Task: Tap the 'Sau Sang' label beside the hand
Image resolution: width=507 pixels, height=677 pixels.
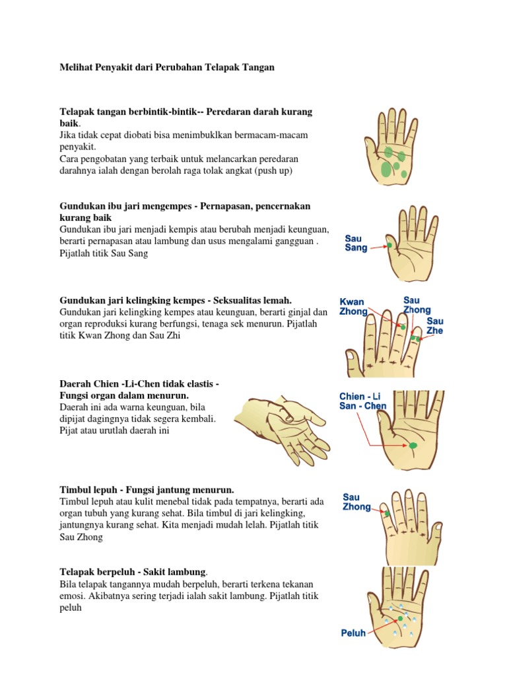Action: coord(356,243)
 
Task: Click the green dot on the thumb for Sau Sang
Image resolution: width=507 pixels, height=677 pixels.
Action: coord(389,245)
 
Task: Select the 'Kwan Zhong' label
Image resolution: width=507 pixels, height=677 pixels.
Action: coord(353,307)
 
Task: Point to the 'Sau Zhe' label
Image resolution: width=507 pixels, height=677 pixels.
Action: coord(434,326)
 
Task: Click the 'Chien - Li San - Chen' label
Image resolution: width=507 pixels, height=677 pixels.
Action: coord(362,401)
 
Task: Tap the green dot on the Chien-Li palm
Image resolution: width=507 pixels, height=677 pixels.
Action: coord(413,445)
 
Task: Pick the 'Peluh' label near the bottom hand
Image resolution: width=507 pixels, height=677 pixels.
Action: coord(353,633)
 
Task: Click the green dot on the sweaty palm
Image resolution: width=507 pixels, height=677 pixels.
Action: coord(400,618)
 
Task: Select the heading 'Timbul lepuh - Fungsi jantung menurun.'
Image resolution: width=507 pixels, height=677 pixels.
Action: coord(147,490)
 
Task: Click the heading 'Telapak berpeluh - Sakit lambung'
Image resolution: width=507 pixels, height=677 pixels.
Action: coord(133,572)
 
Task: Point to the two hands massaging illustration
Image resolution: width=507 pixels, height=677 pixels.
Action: coord(282,430)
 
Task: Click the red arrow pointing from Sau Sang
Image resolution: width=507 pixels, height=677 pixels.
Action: coord(378,247)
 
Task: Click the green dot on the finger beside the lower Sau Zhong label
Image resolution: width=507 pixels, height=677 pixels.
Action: coord(387,514)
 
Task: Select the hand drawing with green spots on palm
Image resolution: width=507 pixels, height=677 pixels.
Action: coord(391,147)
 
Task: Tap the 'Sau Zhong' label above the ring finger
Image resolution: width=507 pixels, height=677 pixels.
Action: coord(417,305)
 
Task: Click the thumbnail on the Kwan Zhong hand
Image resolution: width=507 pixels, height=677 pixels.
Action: coord(351,356)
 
